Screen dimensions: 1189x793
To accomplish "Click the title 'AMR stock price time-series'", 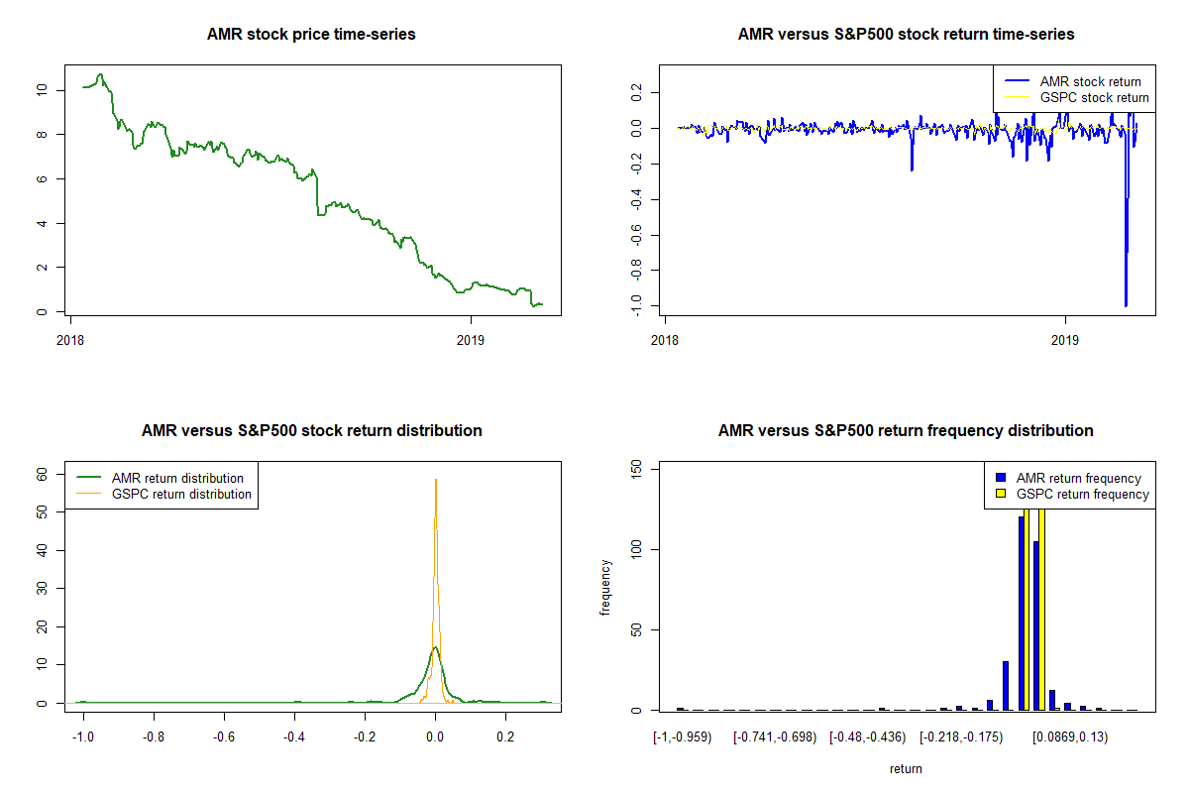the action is pyautogui.click(x=311, y=34).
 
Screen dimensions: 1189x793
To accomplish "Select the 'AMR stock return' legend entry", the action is pyautogui.click(x=1073, y=81).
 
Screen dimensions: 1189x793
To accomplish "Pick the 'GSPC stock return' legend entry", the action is pyautogui.click(x=1076, y=98).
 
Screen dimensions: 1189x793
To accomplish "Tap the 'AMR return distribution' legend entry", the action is pyautogui.click(x=160, y=478).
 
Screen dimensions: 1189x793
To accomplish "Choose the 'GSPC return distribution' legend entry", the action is pyautogui.click(x=164, y=494).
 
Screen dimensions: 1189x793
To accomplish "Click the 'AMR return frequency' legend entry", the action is pyautogui.click(x=1068, y=478).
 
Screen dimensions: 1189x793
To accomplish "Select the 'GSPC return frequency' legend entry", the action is pyautogui.click(x=1072, y=494).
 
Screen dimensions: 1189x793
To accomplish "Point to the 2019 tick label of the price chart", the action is pyautogui.click(x=471, y=340).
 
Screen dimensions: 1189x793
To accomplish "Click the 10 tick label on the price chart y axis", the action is pyautogui.click(x=42, y=90).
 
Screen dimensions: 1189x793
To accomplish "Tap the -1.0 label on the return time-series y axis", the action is pyautogui.click(x=636, y=305).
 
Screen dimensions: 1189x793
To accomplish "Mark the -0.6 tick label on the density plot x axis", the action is pyautogui.click(x=224, y=737).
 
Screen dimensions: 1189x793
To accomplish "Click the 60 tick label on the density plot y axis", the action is pyautogui.click(x=42, y=474).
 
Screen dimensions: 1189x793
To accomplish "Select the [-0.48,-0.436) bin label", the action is pyautogui.click(x=868, y=737).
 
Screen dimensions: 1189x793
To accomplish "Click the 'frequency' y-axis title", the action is pyautogui.click(x=605, y=588).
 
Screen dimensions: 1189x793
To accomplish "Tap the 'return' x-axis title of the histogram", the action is pyautogui.click(x=906, y=768).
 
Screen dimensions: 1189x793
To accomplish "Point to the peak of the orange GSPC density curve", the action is pyautogui.click(x=436, y=480).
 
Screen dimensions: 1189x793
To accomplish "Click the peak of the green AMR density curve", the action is pyautogui.click(x=435, y=647).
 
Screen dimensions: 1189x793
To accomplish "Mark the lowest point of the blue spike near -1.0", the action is pyautogui.click(x=1126, y=306).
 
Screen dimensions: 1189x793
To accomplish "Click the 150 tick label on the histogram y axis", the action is pyautogui.click(x=636, y=469).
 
